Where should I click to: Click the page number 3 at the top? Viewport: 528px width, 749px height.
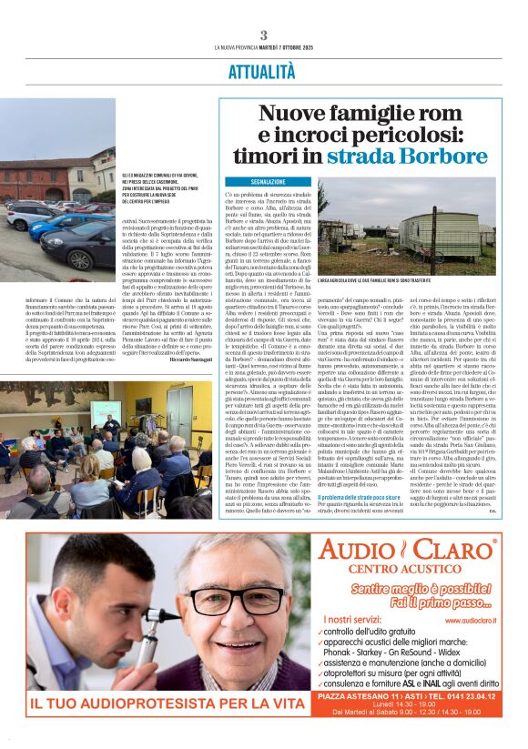(x=263, y=35)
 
